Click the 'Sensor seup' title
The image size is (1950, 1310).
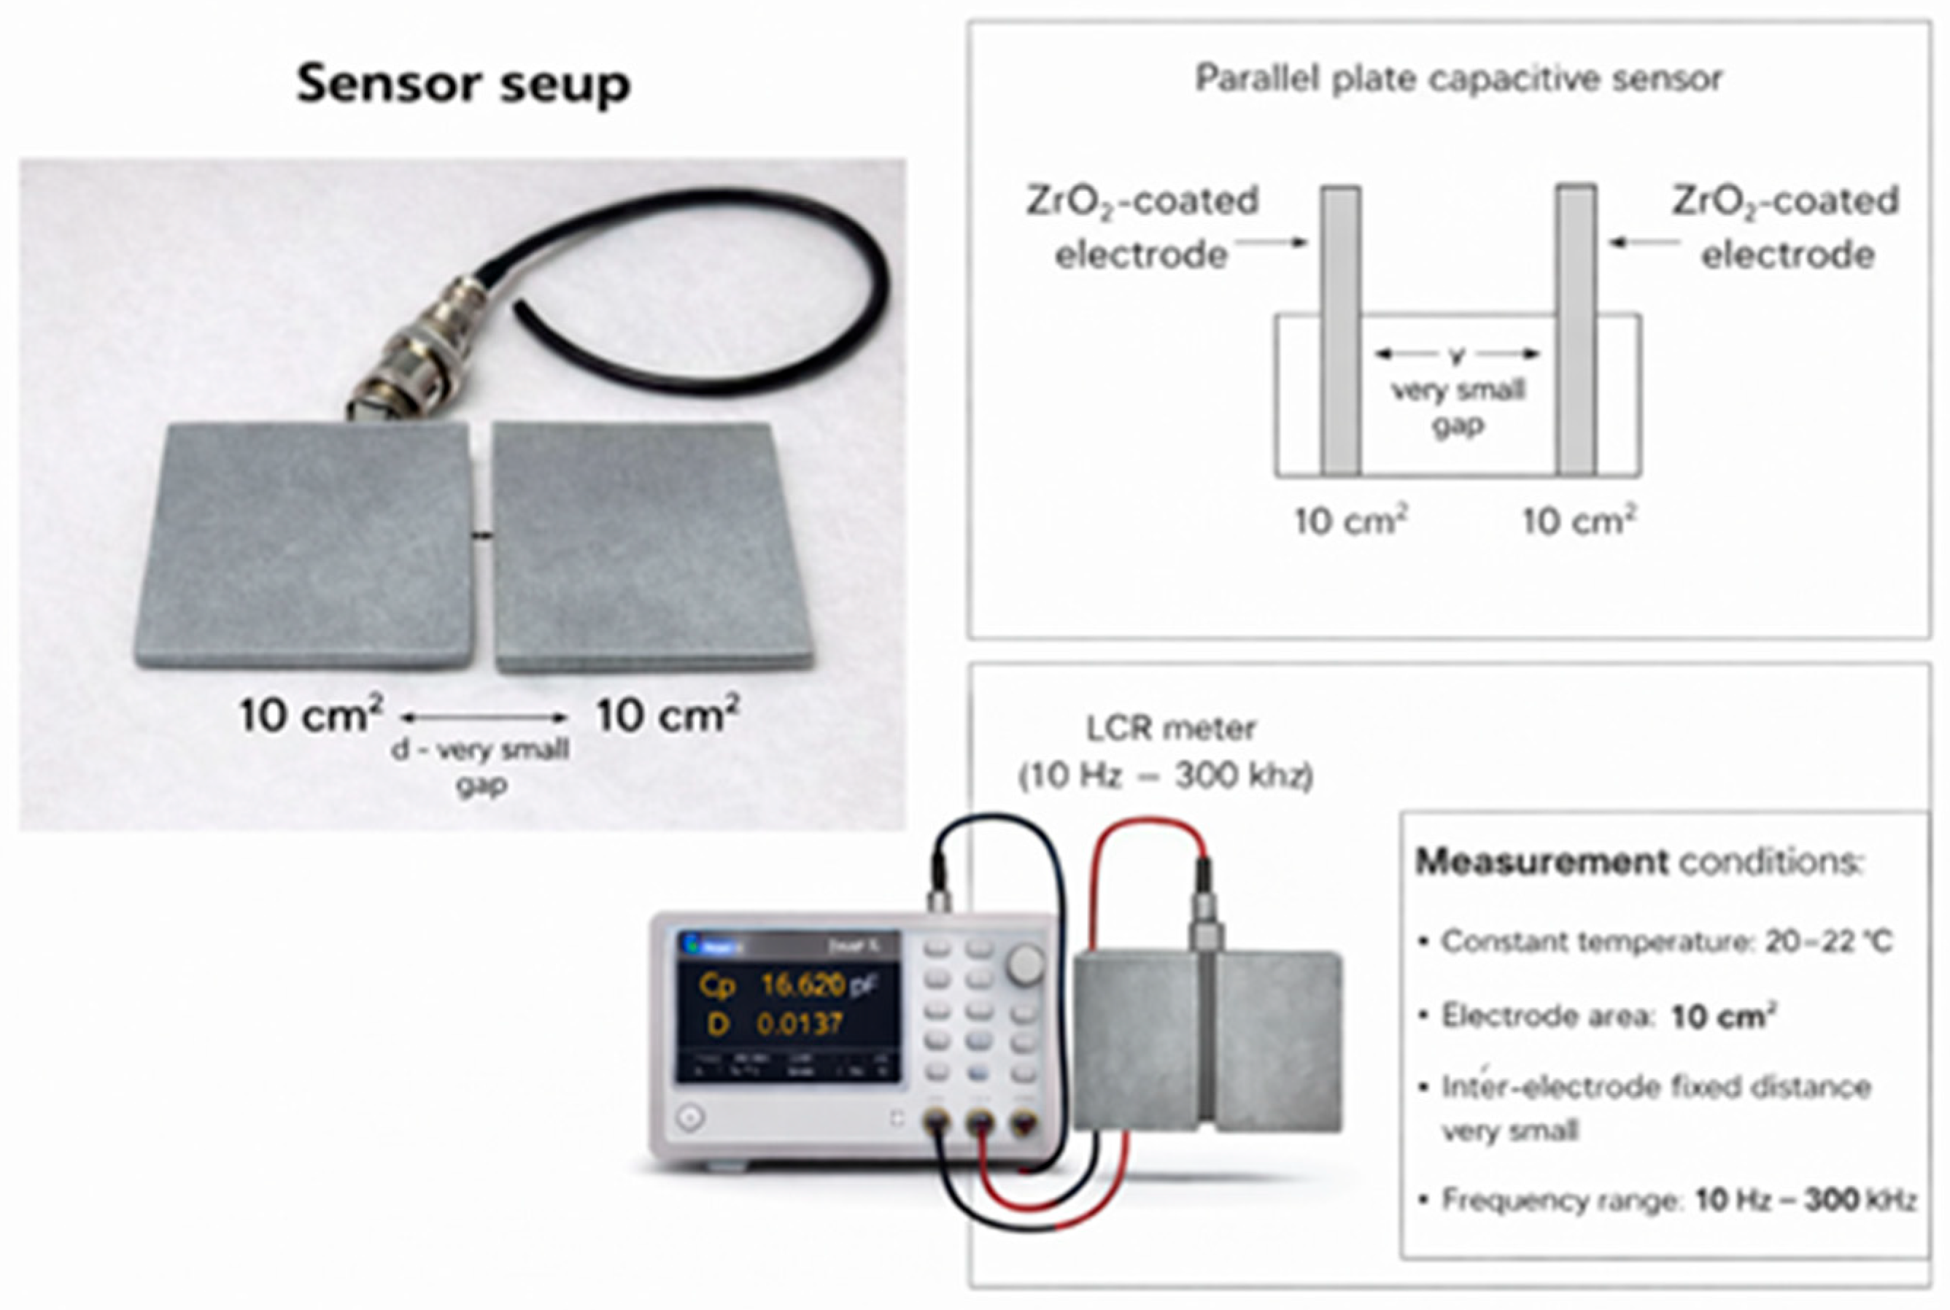click(x=464, y=85)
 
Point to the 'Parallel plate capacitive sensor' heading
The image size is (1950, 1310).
click(x=1458, y=80)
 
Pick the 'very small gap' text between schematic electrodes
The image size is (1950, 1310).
click(x=1458, y=407)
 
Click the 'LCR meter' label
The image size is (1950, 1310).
click(x=1170, y=729)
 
